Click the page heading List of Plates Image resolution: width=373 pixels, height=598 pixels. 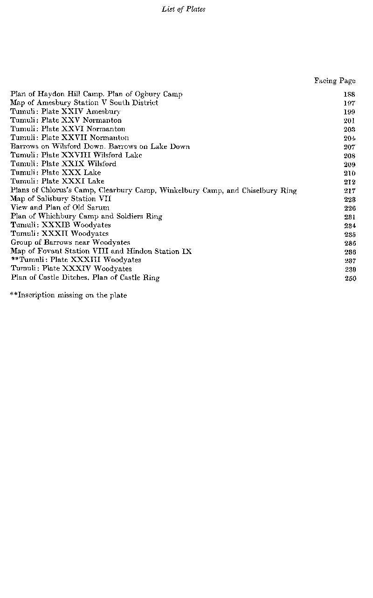[x=183, y=9]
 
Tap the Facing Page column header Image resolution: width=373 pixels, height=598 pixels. [x=334, y=81]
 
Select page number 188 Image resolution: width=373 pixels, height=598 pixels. [x=349, y=94]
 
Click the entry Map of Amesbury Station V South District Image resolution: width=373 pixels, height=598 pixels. [x=84, y=103]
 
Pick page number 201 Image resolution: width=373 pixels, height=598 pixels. [x=349, y=120]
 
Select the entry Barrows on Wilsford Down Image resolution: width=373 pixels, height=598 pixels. [x=57, y=147]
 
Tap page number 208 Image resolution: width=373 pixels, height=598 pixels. [x=349, y=155]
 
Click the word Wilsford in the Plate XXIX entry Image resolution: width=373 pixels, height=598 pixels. [x=102, y=164]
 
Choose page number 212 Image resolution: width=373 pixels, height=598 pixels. [x=349, y=182]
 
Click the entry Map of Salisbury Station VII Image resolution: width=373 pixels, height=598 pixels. [x=61, y=199]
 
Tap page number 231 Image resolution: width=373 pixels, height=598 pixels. [x=349, y=217]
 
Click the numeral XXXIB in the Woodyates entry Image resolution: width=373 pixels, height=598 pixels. [x=56, y=225]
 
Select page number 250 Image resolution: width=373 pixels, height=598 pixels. [x=350, y=278]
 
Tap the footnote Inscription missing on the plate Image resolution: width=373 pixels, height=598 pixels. [x=69, y=295]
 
